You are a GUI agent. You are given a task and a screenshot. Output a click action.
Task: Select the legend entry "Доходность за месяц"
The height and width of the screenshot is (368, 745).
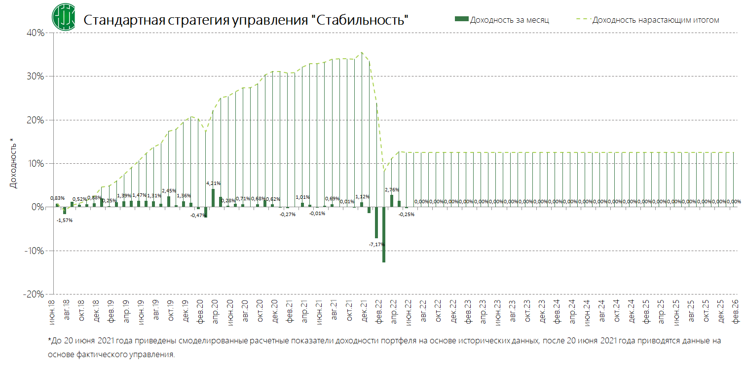tap(509, 20)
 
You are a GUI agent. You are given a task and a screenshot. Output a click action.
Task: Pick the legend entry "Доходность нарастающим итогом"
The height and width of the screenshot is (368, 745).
tap(655, 20)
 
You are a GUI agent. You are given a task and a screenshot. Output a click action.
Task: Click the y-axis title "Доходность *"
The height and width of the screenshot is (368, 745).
tap(14, 167)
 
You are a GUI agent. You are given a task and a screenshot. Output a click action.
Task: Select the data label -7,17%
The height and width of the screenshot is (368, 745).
tap(377, 244)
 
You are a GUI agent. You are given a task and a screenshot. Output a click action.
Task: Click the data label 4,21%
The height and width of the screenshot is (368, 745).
tap(213, 184)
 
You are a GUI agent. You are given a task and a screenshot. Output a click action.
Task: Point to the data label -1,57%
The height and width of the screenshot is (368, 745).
tap(65, 220)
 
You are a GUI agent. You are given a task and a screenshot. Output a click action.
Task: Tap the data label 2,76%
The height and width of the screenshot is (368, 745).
tap(392, 189)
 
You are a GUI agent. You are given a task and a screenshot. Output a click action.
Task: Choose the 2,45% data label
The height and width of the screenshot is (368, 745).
tap(169, 190)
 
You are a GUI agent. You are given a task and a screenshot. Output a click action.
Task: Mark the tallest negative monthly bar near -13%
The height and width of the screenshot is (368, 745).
tap(384, 234)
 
